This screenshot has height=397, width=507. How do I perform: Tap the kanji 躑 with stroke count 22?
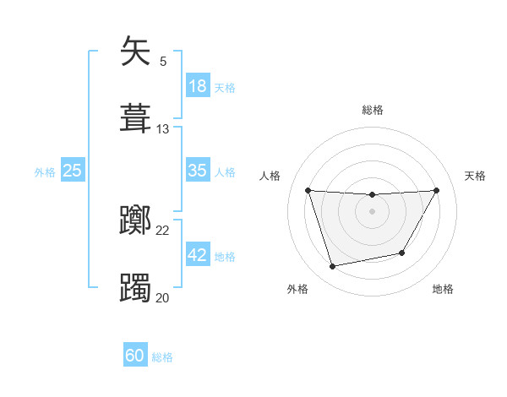tap(137, 221)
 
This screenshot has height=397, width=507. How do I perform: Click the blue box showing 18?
tap(198, 86)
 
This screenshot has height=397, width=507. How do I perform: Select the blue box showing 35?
tap(198, 171)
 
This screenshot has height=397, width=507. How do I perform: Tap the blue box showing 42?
tap(198, 256)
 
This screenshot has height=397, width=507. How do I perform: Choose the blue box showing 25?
tap(73, 171)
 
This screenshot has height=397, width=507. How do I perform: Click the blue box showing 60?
tap(135, 356)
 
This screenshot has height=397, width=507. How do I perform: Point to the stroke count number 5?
tap(163, 62)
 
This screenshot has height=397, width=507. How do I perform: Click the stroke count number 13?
tap(163, 129)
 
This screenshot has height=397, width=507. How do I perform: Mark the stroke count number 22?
tap(163, 231)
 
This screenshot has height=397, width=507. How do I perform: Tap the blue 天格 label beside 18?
tap(225, 88)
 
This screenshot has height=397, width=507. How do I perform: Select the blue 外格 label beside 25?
tap(45, 172)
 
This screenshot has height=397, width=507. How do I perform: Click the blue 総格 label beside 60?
tap(162, 357)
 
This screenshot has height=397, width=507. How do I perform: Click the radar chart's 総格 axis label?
tap(373, 110)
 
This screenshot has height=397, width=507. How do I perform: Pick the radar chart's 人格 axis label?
tap(270, 176)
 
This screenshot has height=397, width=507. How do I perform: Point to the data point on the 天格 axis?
tap(437, 190)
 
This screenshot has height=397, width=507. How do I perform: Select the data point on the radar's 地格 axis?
tap(402, 253)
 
